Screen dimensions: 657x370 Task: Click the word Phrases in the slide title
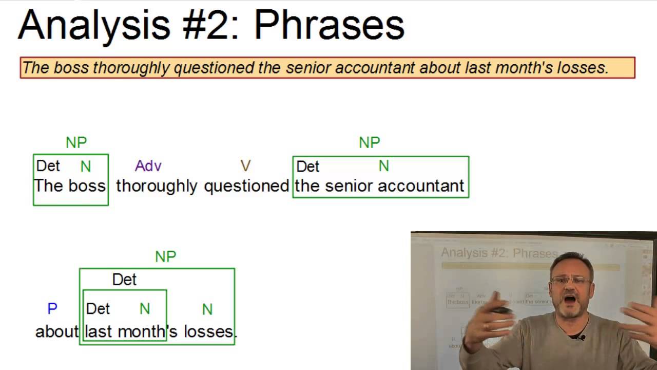click(329, 26)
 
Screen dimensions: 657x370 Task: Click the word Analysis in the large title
click(94, 26)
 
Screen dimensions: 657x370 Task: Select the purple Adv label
click(148, 166)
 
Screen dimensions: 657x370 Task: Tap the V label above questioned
click(245, 166)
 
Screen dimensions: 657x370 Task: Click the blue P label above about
click(52, 309)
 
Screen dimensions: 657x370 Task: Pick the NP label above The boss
click(76, 143)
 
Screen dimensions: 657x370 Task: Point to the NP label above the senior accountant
click(370, 143)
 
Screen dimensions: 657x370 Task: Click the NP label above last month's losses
click(166, 256)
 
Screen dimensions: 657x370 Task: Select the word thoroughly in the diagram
click(157, 187)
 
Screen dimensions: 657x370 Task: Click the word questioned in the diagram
click(247, 187)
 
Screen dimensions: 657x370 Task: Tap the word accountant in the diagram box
click(421, 186)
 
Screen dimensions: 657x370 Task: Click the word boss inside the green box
click(87, 186)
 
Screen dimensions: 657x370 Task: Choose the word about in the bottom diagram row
click(57, 331)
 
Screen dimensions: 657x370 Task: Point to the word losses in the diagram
click(208, 331)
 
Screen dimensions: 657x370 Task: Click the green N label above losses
click(207, 309)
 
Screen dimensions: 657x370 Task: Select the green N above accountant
click(383, 166)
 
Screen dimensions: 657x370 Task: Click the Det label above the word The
click(48, 166)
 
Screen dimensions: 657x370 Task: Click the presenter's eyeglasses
click(570, 280)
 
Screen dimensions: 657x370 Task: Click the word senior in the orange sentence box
click(308, 68)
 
